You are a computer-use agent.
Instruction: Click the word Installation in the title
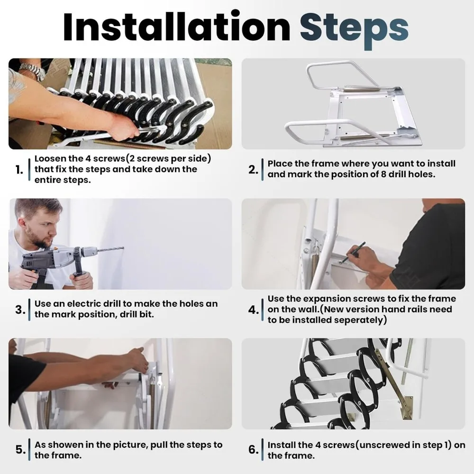point(176,27)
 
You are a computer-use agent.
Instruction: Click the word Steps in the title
point(354,27)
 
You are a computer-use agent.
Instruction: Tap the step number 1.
point(19,170)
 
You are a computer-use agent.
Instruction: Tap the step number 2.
point(253,170)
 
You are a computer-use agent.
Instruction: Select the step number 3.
point(19,310)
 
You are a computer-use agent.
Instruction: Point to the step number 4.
point(253,310)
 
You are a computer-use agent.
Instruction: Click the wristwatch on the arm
point(32,72)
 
